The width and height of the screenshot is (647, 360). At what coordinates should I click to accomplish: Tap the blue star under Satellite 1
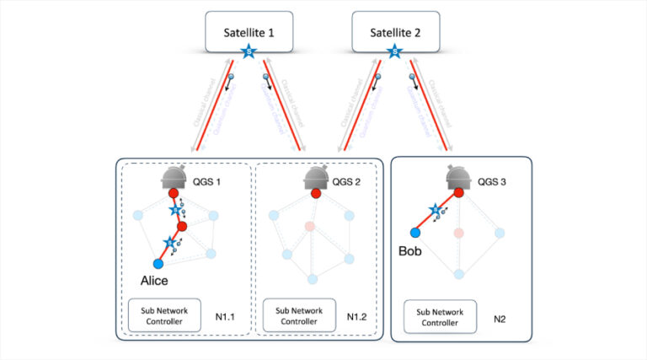click(249, 53)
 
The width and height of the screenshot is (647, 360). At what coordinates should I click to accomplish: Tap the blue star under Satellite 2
click(394, 53)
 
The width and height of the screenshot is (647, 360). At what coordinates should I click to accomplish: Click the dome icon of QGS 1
click(174, 176)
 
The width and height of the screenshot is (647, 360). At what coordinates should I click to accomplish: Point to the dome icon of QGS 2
click(317, 176)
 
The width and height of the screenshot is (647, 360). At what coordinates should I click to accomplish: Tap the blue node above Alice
click(158, 264)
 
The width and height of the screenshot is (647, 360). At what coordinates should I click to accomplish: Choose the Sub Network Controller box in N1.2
click(299, 316)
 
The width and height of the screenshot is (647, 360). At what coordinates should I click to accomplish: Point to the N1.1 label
click(223, 318)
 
